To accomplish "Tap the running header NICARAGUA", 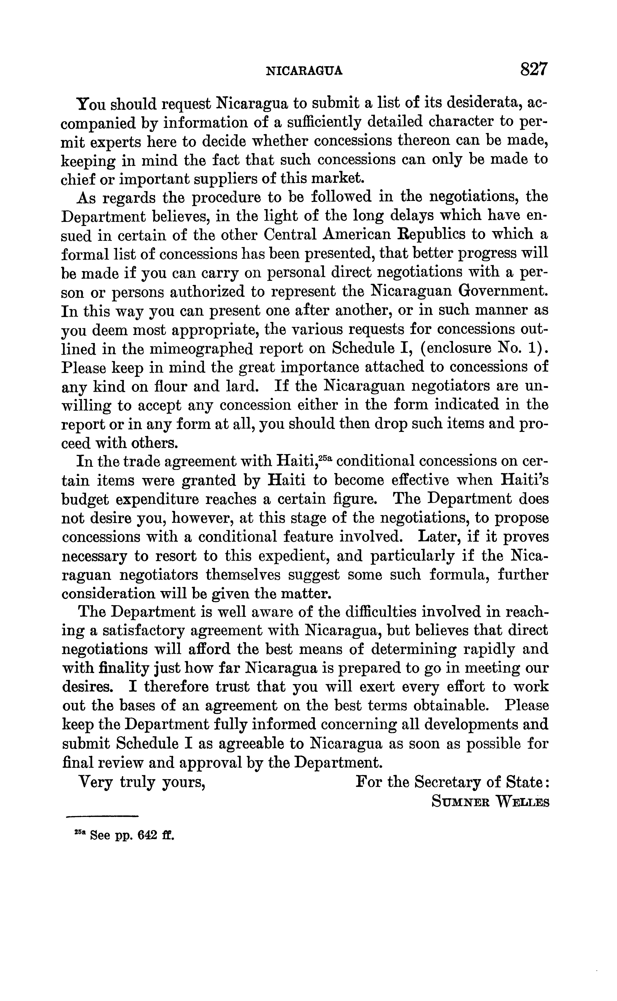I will click(304, 71).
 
